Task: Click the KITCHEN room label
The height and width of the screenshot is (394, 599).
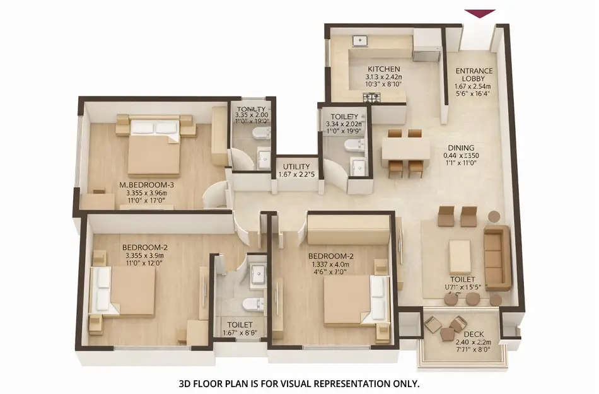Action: tap(383, 69)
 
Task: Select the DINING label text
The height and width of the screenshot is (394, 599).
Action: tap(462, 148)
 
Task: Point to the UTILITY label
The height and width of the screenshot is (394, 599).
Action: tap(294, 166)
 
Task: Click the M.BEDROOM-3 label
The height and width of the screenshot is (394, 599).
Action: tap(146, 185)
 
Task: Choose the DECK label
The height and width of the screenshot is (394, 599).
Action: tap(474, 334)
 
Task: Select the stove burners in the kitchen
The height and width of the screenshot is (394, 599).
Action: tap(371, 98)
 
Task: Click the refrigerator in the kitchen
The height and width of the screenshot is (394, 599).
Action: tap(426, 45)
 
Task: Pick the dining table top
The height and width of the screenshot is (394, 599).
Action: tap(405, 150)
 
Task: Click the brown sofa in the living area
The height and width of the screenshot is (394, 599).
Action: tap(497, 257)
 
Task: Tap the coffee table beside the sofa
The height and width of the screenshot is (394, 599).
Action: tap(460, 256)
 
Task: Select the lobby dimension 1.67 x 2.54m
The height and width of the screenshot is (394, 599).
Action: tap(474, 86)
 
